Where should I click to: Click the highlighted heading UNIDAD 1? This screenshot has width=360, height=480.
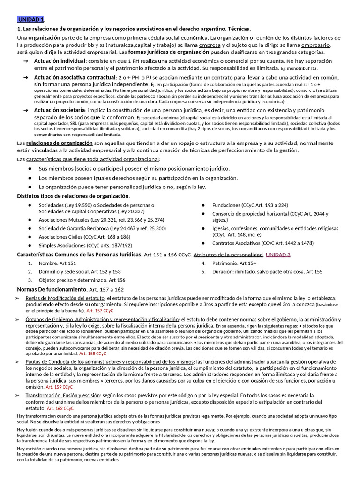coord(31,19)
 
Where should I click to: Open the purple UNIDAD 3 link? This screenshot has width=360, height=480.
coord(278,255)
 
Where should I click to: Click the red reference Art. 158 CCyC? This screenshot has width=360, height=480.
coord(93,354)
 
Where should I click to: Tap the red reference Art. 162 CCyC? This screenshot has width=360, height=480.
coord(60,408)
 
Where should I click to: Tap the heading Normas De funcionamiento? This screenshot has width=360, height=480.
coord(52,289)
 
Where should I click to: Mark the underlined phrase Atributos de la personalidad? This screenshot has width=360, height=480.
coord(228,255)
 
